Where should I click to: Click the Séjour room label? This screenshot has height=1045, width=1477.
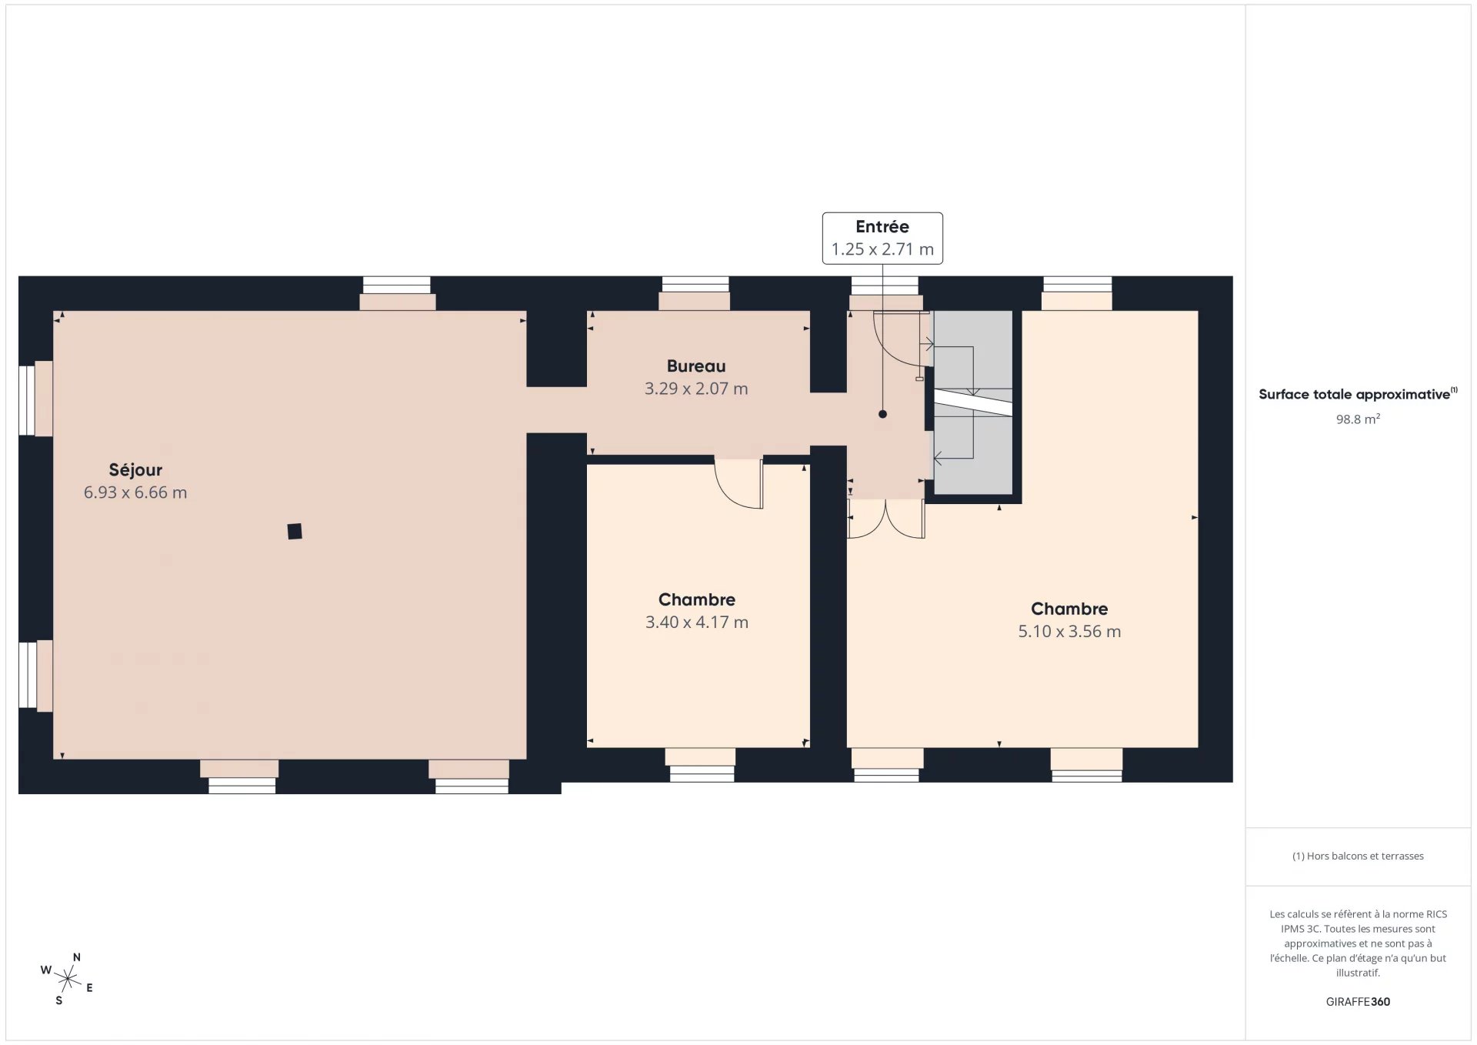click(135, 469)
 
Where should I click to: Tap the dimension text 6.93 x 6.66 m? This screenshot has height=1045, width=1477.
click(135, 492)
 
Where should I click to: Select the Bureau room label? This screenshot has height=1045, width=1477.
click(696, 366)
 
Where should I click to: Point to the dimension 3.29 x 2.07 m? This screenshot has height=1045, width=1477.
click(696, 389)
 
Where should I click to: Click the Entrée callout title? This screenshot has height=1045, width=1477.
click(882, 226)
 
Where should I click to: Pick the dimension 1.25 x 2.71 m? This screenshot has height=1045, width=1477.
click(882, 249)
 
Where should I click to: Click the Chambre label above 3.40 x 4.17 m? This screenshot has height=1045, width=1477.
click(697, 599)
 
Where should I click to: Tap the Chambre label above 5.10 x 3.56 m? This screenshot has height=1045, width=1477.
click(1069, 609)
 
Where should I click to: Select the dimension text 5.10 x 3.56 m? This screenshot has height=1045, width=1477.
click(1069, 632)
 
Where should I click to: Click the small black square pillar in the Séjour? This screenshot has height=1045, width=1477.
click(295, 531)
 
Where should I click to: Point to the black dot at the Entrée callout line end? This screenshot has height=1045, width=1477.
click(882, 414)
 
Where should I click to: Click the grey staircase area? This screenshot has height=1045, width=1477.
click(973, 402)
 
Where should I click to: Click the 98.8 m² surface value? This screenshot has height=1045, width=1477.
click(1358, 419)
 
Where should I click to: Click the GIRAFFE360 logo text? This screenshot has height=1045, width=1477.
click(1358, 1002)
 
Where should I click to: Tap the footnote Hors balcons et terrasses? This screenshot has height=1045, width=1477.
click(1365, 856)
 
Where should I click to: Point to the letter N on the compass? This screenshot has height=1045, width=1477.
click(76, 957)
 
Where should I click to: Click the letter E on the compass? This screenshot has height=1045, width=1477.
click(89, 988)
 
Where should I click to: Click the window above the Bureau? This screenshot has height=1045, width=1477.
click(695, 285)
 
